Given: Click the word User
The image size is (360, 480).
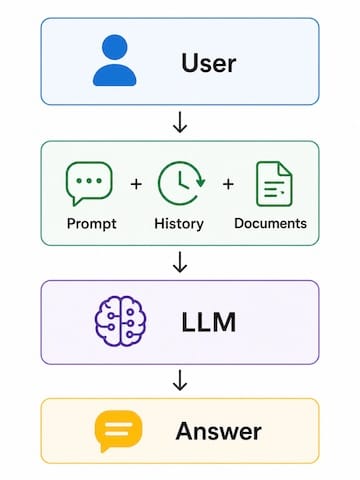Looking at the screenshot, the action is point(209,63).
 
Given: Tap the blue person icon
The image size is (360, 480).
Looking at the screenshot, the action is point(114,60).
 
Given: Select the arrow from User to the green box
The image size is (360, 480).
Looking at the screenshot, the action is point(180,122).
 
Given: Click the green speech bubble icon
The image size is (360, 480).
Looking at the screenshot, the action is point(89,183).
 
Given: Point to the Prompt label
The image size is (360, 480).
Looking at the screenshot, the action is point(92,224).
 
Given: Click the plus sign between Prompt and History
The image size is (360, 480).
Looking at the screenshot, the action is point(136,184).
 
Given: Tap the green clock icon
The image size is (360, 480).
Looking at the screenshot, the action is point(181,183).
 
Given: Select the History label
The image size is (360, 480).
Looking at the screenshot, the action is point(179,224).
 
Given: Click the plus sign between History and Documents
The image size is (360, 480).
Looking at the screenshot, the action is point(228,184).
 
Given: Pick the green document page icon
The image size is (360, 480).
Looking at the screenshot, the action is point(274,184).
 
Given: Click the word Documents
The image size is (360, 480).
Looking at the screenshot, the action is point(270,223).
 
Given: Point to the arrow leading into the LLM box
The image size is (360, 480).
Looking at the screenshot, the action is point(180,262).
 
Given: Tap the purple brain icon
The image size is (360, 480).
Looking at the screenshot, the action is point(120,321).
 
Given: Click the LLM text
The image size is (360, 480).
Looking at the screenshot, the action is point(209,322).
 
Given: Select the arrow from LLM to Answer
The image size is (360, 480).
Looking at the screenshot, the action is point(180,380).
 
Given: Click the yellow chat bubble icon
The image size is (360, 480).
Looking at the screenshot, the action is point(118,429).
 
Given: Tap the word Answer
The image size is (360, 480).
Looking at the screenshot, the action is point(219,431).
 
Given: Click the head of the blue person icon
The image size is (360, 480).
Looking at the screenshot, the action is point(114,47).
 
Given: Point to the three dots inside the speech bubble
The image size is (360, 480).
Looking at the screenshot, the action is point(89,181).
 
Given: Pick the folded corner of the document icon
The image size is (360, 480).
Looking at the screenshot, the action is point(285,169).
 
